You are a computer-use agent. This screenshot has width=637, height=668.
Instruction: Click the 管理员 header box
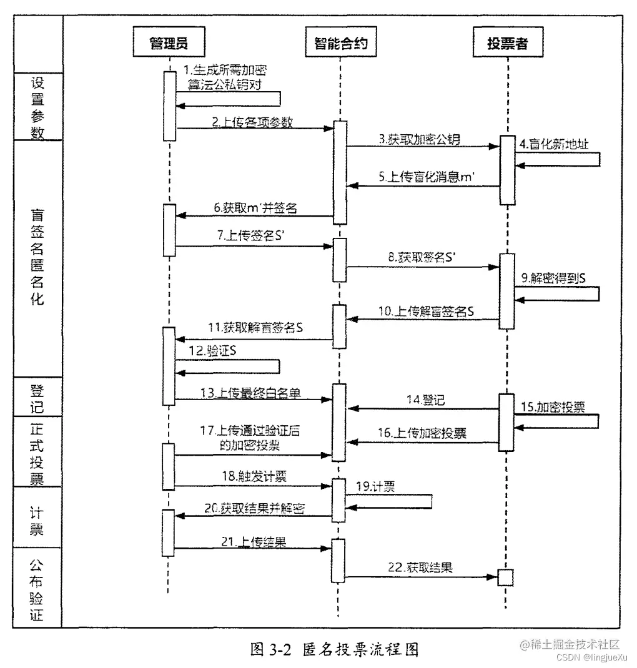tap(169, 43)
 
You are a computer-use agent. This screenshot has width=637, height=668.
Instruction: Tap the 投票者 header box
tap(507, 43)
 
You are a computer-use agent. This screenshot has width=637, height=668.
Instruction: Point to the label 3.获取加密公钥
tap(419, 140)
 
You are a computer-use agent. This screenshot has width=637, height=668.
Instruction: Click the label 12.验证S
tap(214, 351)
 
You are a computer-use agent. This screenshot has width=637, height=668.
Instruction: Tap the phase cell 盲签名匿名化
tap(37, 256)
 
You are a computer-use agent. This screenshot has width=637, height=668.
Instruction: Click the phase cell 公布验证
tap(37, 587)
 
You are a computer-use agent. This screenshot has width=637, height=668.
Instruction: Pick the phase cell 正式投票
tap(37, 452)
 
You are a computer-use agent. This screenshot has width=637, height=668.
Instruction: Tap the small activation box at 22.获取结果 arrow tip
tap(506, 577)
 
